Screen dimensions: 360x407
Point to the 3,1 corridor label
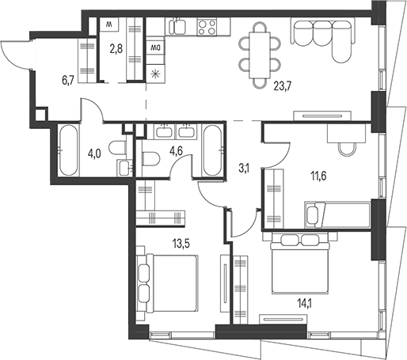243,167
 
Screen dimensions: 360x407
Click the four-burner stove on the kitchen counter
207,29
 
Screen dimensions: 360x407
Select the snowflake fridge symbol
156,74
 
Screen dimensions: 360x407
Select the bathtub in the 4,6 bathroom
211,150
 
